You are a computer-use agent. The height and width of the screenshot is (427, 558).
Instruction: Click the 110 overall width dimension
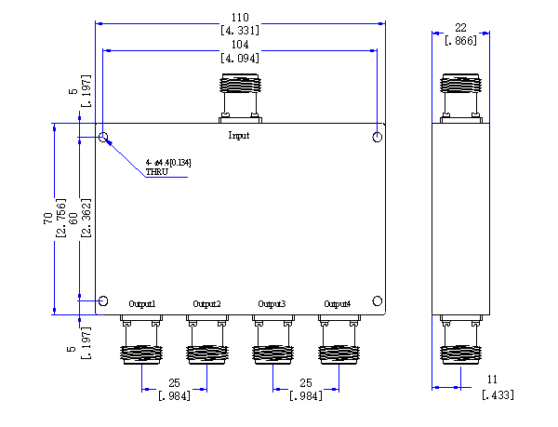240,17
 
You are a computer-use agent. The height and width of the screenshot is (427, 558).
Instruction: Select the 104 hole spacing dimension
240,45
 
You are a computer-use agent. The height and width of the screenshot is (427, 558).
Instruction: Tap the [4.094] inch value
240,58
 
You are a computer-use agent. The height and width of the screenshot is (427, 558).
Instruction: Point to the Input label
239,135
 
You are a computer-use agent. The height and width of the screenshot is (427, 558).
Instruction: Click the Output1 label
142,304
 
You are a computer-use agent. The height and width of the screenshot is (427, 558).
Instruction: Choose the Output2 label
206,304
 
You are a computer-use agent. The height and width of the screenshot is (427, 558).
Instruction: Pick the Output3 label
272,304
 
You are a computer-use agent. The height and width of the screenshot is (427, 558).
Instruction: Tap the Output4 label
338,304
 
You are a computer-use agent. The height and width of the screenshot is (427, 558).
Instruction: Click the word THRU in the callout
157,172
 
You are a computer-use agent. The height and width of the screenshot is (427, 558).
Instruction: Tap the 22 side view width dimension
460,27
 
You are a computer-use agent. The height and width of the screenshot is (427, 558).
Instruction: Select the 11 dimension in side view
492,380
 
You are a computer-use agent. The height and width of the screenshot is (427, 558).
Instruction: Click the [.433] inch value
498,394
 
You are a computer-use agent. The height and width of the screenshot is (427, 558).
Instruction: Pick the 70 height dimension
48,219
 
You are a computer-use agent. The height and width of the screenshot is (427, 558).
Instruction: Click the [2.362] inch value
86,218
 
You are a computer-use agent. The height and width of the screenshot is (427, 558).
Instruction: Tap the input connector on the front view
240,99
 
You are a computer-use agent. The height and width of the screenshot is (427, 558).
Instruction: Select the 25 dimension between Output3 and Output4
306,383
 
